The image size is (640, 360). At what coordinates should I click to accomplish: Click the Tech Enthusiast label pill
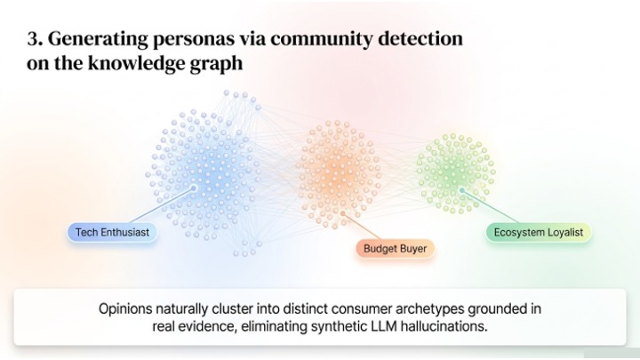[112, 233]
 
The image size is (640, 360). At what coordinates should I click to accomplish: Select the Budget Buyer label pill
[395, 249]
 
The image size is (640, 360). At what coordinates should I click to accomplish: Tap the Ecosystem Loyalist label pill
[539, 233]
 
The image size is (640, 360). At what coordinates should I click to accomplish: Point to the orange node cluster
[339, 174]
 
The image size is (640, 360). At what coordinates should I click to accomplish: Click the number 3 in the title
[35, 39]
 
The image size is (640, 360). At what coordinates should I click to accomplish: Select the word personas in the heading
[194, 40]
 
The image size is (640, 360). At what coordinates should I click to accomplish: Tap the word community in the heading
[322, 40]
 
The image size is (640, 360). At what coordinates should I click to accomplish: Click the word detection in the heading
[420, 39]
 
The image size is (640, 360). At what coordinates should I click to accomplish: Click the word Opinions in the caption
[125, 309]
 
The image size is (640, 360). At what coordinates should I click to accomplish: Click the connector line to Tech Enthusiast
[162, 205]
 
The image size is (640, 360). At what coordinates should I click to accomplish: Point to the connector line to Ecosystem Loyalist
[490, 206]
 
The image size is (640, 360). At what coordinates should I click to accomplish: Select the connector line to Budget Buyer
[362, 227]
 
